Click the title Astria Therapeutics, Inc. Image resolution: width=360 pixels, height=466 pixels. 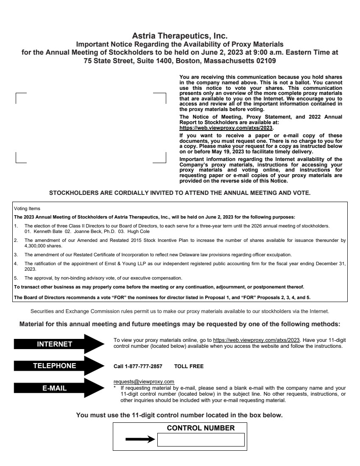pyautogui.click(x=180, y=36)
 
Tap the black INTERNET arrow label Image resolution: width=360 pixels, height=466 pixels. pyautogui.click(x=55, y=344)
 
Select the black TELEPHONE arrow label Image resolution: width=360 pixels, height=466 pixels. pyautogui.click(x=55, y=366)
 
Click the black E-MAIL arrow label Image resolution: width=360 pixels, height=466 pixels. pyautogui.click(x=55, y=388)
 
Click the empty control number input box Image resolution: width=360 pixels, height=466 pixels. pyautogui.click(x=201, y=440)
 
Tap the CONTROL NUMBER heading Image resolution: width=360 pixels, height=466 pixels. pyautogui.click(x=201, y=428)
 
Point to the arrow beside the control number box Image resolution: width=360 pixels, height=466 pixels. pyautogui.click(x=140, y=440)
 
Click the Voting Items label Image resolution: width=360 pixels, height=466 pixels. pyautogui.click(x=26, y=208)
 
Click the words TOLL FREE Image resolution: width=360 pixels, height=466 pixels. pyautogui.click(x=190, y=366)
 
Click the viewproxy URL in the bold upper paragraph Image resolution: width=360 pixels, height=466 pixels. pyautogui.click(x=226, y=128)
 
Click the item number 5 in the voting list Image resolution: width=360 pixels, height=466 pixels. pyautogui.click(x=16, y=278)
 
